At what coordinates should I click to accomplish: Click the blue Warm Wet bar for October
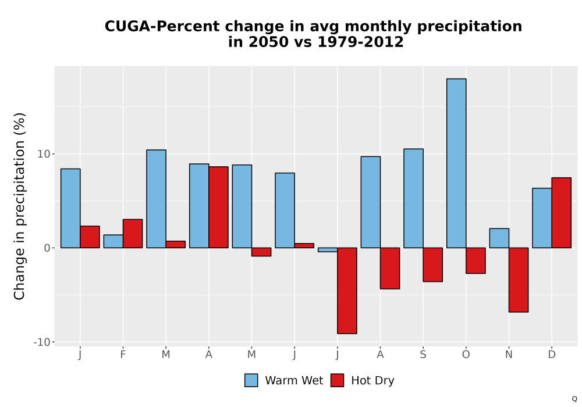[x=456, y=163]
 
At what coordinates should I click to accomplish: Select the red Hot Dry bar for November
[x=519, y=280]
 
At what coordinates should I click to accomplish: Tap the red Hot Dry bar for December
[x=561, y=213]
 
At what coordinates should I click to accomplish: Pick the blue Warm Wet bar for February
[x=113, y=241]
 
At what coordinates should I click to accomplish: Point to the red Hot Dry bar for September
[x=433, y=265]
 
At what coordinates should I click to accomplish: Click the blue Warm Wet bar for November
[x=499, y=238]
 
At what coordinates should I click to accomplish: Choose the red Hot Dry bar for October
[x=476, y=260]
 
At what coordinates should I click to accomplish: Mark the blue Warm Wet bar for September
[x=413, y=198]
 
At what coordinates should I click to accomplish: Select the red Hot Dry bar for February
[x=133, y=234]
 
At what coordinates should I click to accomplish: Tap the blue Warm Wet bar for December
[x=542, y=218]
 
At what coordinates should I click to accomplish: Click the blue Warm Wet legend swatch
[x=251, y=380]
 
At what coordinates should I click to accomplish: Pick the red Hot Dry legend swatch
[x=337, y=380]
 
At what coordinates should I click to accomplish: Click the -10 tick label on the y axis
[x=41, y=342]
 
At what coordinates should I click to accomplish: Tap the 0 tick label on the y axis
[x=47, y=248]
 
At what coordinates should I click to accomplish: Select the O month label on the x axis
[x=466, y=355]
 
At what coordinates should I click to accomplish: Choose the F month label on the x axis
[x=123, y=355]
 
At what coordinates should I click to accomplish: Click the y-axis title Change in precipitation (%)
[x=19, y=206]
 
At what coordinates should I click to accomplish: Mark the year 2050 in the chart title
[x=268, y=42]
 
